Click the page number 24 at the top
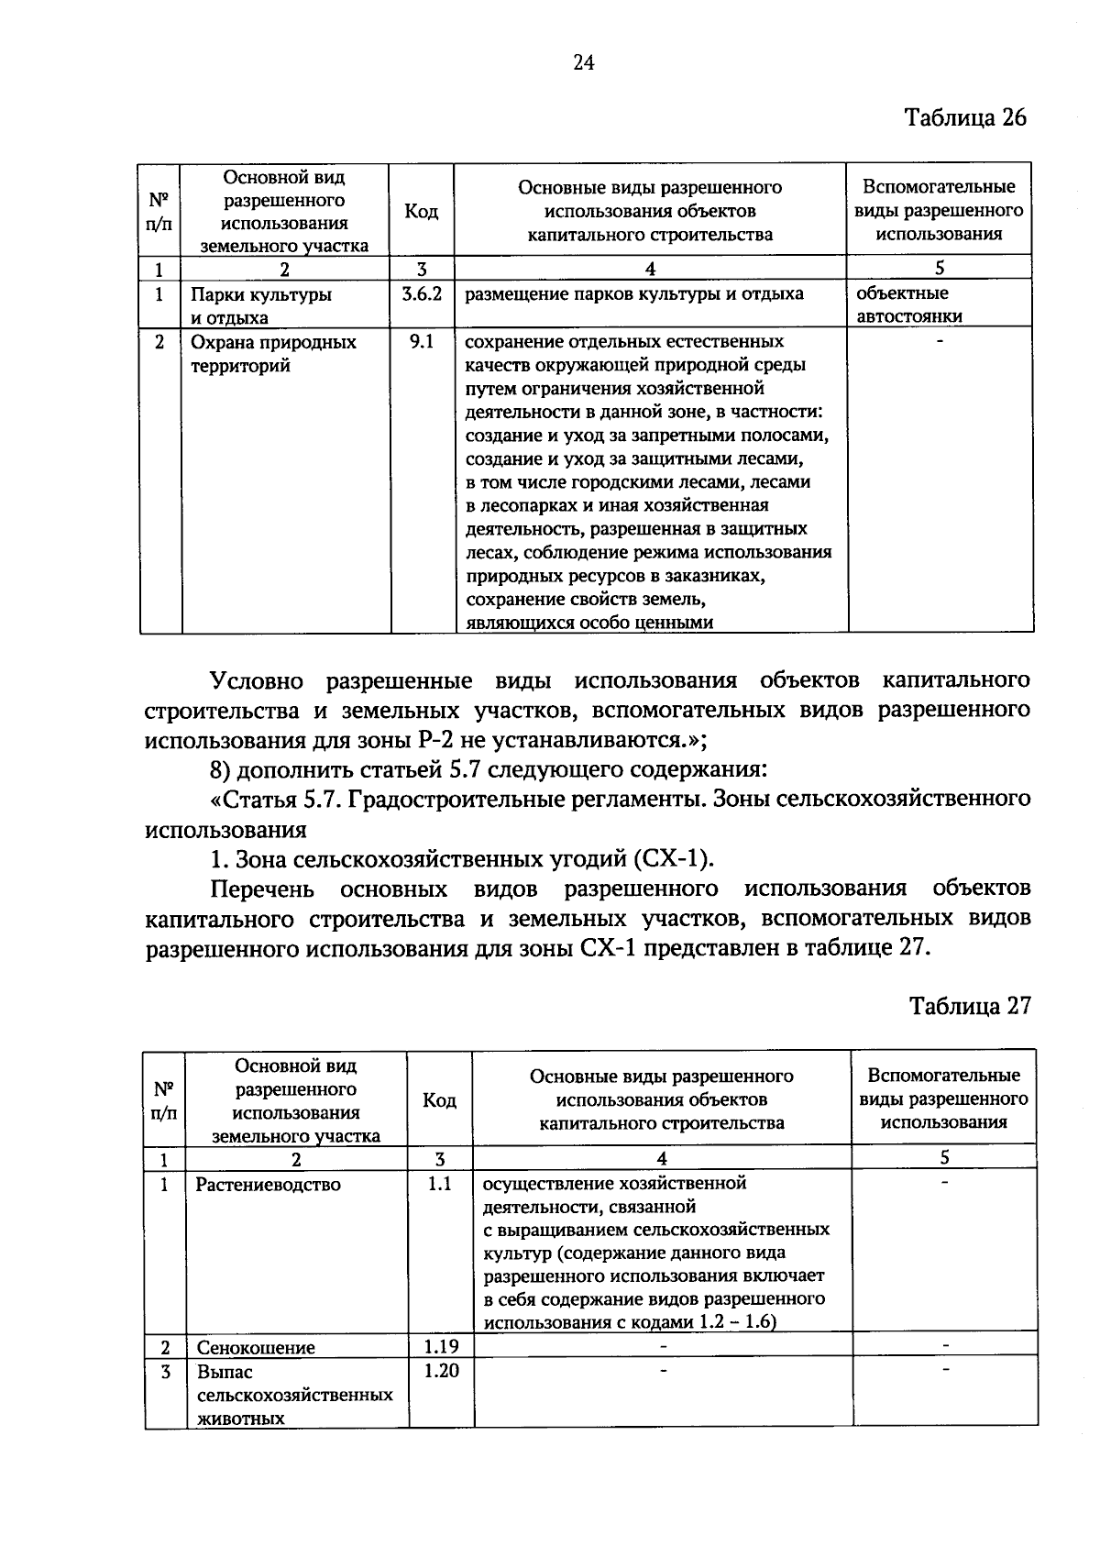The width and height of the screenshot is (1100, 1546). pyautogui.click(x=584, y=62)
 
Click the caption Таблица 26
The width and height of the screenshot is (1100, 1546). pyautogui.click(x=965, y=118)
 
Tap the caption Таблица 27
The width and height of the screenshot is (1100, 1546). pyautogui.click(x=970, y=1006)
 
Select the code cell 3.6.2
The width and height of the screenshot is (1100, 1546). pyautogui.click(x=422, y=294)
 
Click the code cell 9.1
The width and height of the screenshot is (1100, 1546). pyautogui.click(x=422, y=342)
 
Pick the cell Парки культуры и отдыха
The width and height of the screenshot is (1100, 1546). pyautogui.click(x=261, y=306)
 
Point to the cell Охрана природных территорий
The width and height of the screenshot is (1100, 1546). pyautogui.click(x=273, y=354)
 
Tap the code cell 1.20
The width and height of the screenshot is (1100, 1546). pyautogui.click(x=441, y=1371)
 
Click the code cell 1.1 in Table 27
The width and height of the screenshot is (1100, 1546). pyautogui.click(x=439, y=1184)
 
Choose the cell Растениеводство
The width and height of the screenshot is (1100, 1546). pyautogui.click(x=268, y=1185)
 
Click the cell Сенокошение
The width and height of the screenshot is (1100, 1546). pyautogui.click(x=256, y=1347)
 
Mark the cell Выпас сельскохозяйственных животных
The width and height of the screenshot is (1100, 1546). pyautogui.click(x=294, y=1395)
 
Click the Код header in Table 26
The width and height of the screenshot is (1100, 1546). pyautogui.click(x=422, y=211)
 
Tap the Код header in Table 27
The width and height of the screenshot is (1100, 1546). pyautogui.click(x=439, y=1099)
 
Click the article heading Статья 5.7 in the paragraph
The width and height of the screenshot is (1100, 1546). pyautogui.click(x=276, y=800)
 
